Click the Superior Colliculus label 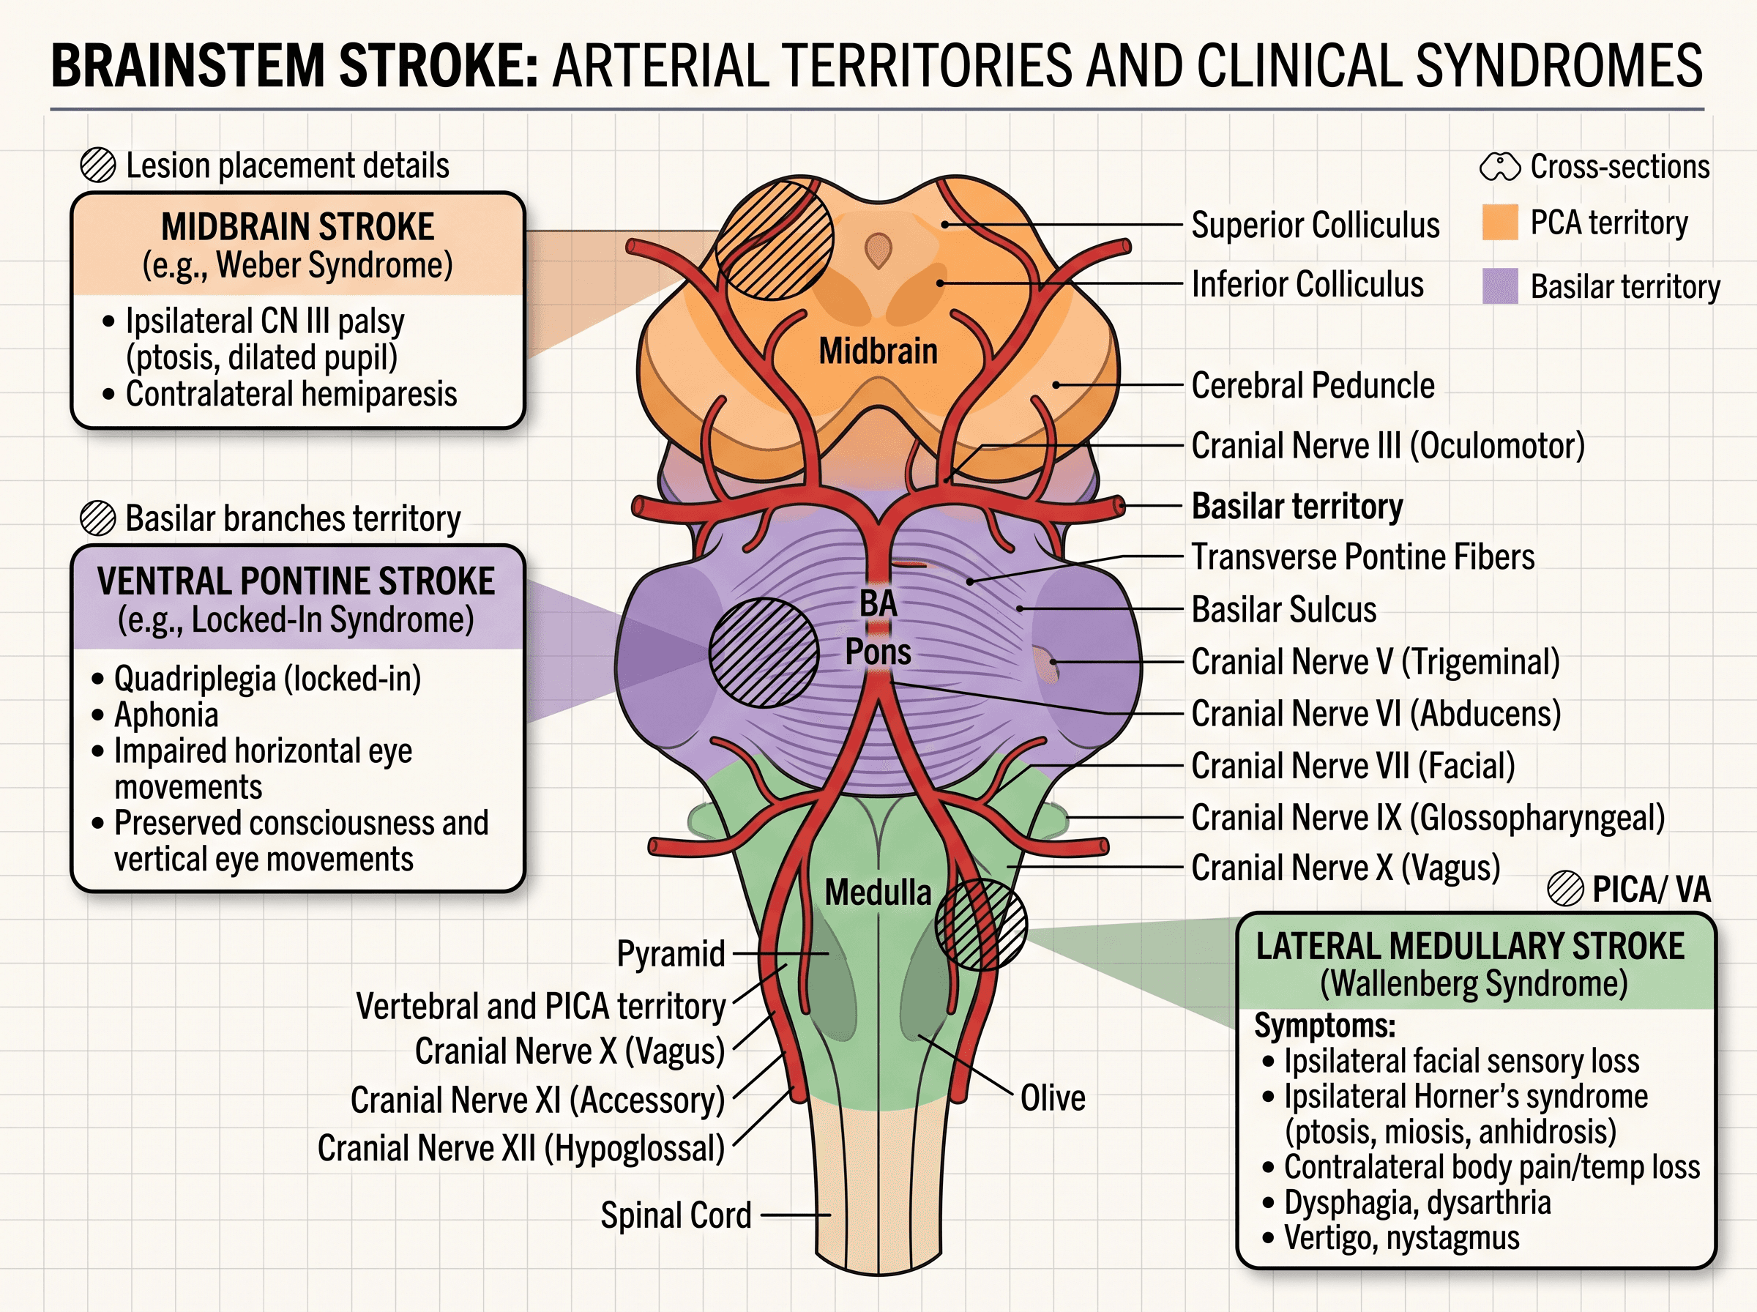click(1316, 225)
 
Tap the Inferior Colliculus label click(1308, 284)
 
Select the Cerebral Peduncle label click(1313, 385)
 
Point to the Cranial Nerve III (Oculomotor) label click(1388, 446)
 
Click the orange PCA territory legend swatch click(1500, 223)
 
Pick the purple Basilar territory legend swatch click(1500, 286)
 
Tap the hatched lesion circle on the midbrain click(775, 241)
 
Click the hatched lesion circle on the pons click(764, 652)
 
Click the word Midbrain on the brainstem click(878, 351)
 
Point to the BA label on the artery click(878, 603)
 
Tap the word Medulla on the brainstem click(877, 892)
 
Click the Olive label click(1053, 1098)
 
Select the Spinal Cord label click(676, 1215)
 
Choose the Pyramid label click(671, 954)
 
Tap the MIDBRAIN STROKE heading click(298, 227)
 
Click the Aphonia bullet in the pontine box click(166, 715)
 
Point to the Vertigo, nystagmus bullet click(1402, 1238)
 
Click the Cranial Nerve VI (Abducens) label click(1376, 713)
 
